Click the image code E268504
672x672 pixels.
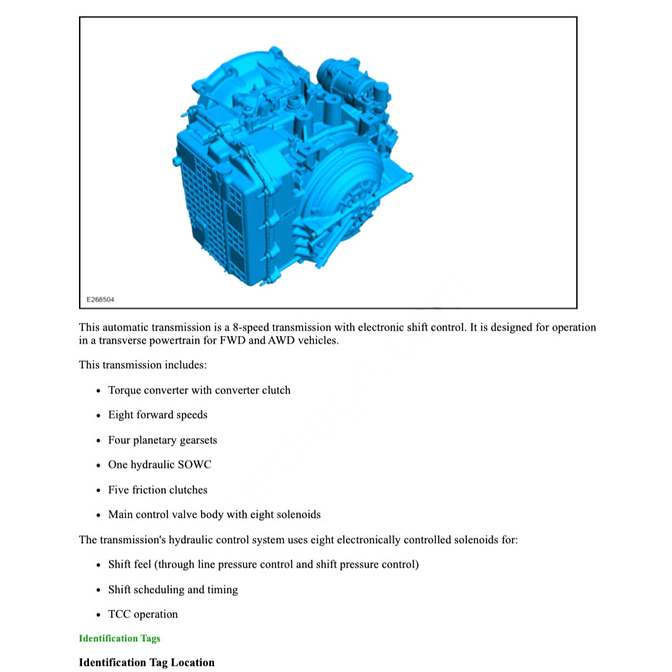click(100, 299)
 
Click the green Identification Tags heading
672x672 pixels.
click(119, 638)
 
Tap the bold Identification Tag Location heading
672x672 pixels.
click(147, 662)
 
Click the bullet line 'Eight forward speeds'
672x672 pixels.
click(157, 415)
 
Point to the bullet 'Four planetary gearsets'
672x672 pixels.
click(162, 440)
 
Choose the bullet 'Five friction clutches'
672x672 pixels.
click(157, 489)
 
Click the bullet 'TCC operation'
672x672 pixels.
click(142, 614)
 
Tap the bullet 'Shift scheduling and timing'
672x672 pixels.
click(173, 590)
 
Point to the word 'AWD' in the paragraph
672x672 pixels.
click(282, 341)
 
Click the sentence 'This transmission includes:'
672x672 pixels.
click(143, 365)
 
